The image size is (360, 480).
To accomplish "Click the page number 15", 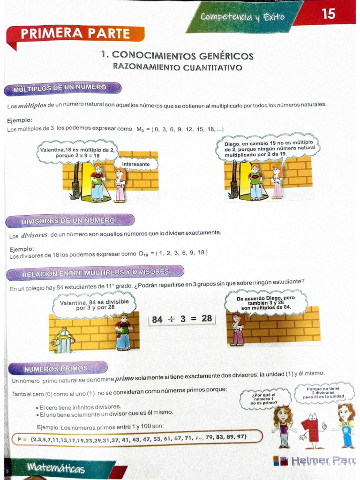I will (329, 14).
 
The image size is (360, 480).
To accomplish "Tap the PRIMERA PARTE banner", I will (75, 34).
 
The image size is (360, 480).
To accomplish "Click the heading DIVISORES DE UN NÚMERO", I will (68, 221).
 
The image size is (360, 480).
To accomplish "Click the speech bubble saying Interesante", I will (135, 165).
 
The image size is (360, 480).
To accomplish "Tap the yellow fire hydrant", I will (63, 341).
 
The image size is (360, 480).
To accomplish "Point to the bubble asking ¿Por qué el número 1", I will (264, 399).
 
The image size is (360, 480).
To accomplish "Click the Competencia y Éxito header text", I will (242, 17).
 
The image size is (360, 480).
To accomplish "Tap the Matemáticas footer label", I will (56, 467).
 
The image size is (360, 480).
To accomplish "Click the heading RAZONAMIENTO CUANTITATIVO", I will (177, 67).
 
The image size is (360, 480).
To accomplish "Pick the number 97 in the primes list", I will (241, 437).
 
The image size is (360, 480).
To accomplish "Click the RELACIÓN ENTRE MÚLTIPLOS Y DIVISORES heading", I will (95, 272).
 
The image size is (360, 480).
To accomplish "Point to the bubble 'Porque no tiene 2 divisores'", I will (323, 392).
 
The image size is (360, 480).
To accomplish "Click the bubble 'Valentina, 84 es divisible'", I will (94, 305).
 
